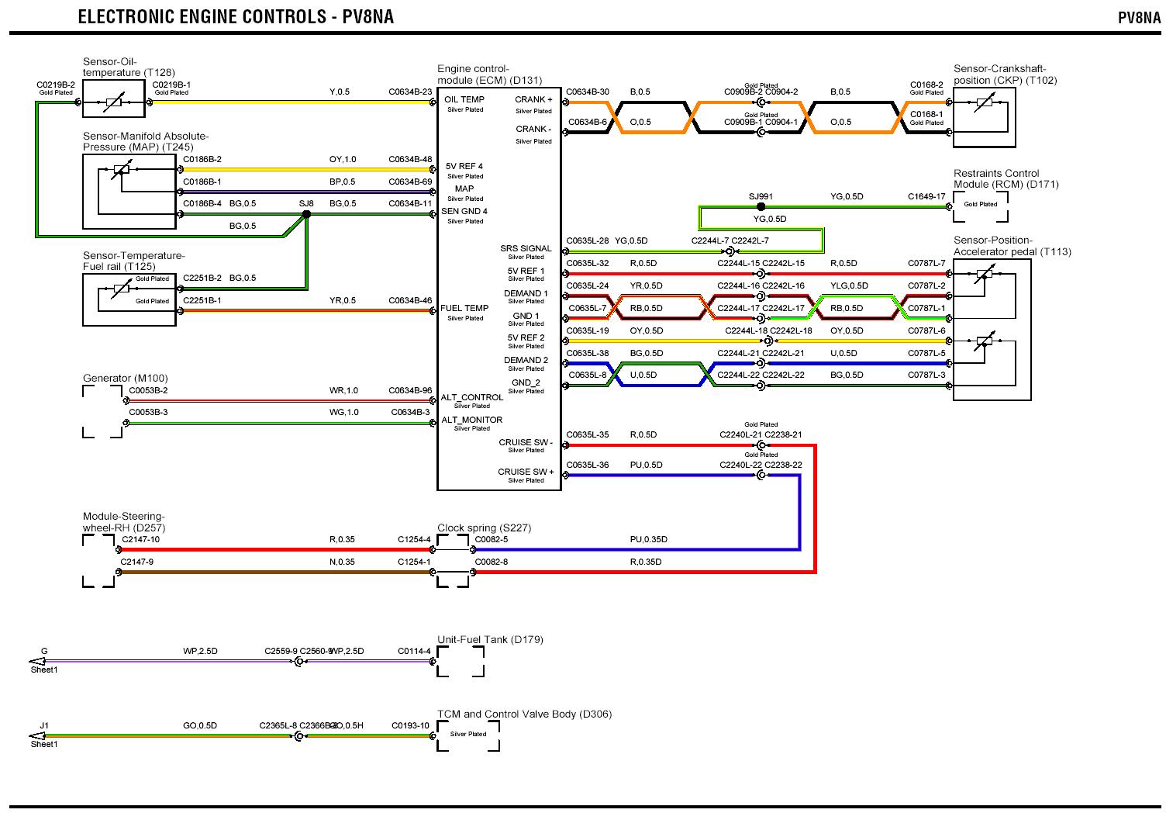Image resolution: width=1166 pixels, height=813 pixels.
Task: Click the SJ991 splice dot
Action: tap(761, 207)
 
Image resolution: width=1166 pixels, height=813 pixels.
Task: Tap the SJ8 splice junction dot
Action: tap(306, 214)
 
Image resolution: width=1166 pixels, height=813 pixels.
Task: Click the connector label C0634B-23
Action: tap(410, 92)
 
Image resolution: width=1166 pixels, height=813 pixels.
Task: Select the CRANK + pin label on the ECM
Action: tap(534, 99)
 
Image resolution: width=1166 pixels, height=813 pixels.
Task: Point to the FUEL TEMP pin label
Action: tap(464, 308)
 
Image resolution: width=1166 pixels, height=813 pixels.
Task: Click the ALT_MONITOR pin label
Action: tap(471, 420)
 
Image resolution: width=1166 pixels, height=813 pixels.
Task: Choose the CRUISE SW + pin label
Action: tap(526, 472)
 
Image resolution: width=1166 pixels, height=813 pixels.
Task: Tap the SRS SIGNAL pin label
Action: tap(526, 249)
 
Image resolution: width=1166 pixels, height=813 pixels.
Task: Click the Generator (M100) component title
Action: tap(125, 379)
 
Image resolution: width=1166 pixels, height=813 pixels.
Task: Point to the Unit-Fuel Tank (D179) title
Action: tap(490, 640)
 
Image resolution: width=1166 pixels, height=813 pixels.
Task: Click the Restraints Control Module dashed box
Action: tap(981, 206)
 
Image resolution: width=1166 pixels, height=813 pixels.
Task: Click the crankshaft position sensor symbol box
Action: tap(984, 116)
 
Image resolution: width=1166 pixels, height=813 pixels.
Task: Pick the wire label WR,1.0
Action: tap(343, 391)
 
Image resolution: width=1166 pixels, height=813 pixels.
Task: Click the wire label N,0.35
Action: tap(342, 562)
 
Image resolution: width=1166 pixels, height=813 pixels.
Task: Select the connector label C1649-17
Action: tap(926, 196)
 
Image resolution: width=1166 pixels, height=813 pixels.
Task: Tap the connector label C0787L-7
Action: tap(926, 263)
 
